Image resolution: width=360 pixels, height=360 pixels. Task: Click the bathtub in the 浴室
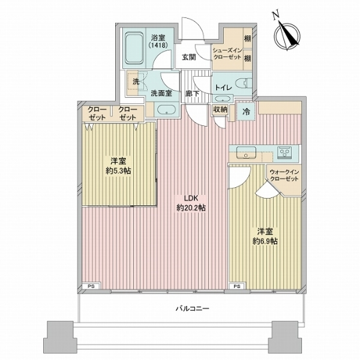134,48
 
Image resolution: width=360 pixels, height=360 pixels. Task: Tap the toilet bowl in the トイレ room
244,83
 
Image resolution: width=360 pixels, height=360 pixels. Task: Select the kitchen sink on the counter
247,152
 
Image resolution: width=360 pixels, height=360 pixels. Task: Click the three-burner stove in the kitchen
284,152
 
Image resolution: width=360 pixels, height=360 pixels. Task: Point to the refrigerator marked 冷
246,112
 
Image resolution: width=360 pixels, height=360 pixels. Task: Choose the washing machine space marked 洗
136,82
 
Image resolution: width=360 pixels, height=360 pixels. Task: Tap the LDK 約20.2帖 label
191,203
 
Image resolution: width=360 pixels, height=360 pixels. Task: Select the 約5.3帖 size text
118,171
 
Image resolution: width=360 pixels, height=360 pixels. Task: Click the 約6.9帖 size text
265,241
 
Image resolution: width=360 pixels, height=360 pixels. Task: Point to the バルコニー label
193,308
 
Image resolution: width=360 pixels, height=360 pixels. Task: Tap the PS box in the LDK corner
91,286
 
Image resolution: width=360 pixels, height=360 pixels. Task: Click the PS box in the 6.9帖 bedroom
238,286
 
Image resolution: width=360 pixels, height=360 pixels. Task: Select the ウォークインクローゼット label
284,175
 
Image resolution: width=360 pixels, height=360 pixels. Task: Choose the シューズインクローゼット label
227,53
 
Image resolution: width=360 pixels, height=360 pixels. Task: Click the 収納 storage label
220,109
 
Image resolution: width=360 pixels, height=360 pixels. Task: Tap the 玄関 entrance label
189,57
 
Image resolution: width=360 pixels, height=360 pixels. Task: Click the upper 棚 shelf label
247,38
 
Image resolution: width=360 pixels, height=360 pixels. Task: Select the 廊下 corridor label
192,94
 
